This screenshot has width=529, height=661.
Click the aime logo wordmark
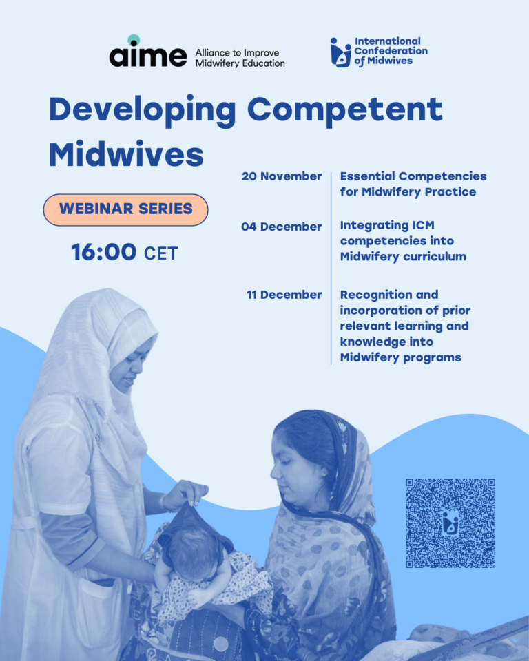click(x=147, y=54)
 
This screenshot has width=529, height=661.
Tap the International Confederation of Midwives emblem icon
click(x=340, y=52)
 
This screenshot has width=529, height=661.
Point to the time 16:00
click(x=104, y=253)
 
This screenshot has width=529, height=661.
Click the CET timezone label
click(x=160, y=254)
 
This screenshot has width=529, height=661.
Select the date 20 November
click(x=282, y=176)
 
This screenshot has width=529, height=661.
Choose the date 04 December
click(x=282, y=227)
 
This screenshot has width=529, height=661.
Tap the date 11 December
click(x=284, y=295)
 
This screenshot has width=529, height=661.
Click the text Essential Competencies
click(x=413, y=176)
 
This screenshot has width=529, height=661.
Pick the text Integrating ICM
click(x=387, y=226)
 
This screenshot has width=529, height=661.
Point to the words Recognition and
click(x=388, y=295)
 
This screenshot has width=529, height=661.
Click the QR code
click(x=450, y=523)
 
